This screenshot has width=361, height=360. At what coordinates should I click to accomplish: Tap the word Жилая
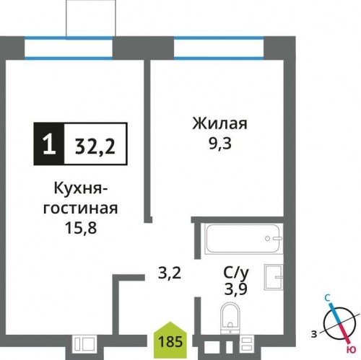coord(220,124)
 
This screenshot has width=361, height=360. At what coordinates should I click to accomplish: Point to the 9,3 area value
coord(220,143)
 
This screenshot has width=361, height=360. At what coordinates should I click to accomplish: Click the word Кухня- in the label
coord(81,190)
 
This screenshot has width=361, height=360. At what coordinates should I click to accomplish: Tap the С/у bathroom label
coord(235,274)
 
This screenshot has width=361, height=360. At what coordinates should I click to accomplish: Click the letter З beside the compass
coord(313,334)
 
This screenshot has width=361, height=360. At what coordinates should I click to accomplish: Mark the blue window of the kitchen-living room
coord(69,48)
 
